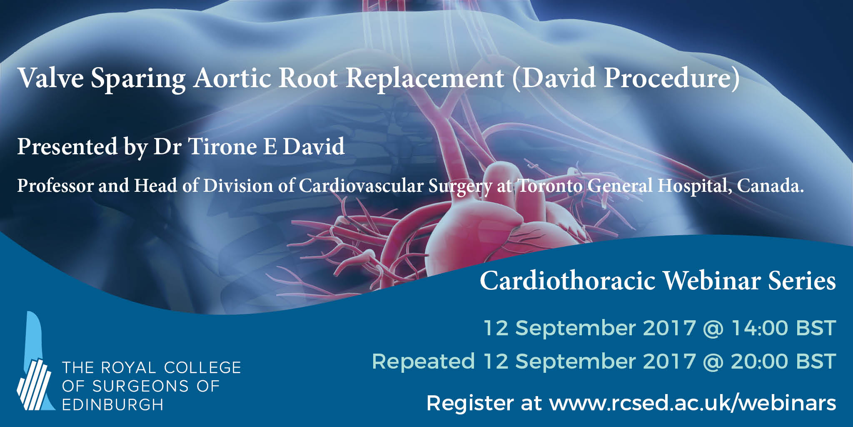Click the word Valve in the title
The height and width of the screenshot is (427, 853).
pos(50,78)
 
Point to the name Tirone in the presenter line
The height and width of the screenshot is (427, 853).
pos(222,146)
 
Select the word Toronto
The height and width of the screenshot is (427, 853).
pos(549,186)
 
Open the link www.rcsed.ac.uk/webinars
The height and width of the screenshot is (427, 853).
pos(693,403)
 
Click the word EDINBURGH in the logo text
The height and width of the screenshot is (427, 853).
pos(112,404)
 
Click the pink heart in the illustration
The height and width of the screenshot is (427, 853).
pos(483,217)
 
